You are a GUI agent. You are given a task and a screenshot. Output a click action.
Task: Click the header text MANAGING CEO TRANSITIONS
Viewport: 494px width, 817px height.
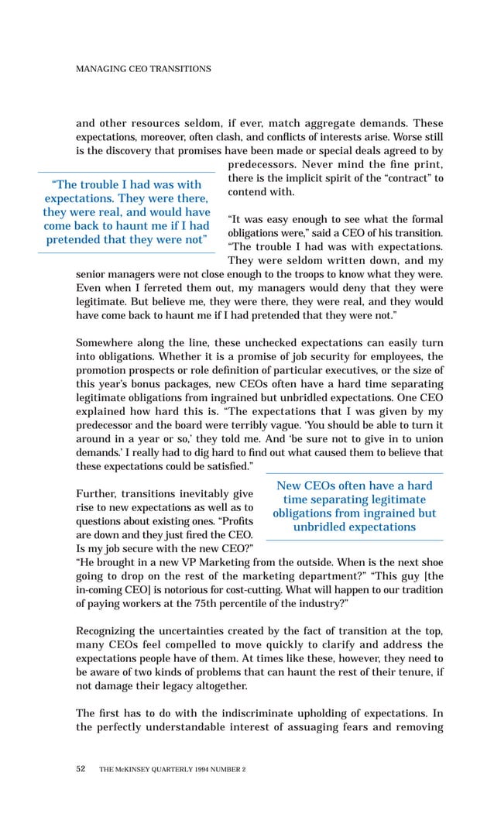point(142,69)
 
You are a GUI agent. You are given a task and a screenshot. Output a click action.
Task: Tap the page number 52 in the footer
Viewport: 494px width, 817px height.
point(81,769)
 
